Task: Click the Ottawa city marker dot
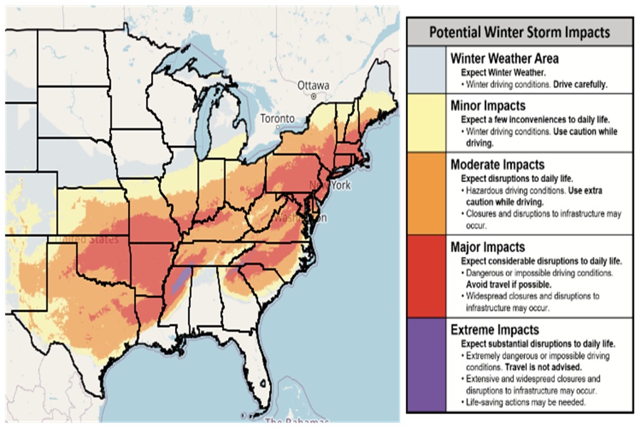(x=313, y=95)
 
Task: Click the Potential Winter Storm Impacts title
(x=519, y=32)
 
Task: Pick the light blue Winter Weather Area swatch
(x=427, y=69)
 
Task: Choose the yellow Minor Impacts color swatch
(x=427, y=122)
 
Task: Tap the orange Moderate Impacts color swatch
(x=427, y=193)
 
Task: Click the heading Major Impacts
(x=488, y=248)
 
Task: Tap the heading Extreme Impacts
(x=495, y=330)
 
